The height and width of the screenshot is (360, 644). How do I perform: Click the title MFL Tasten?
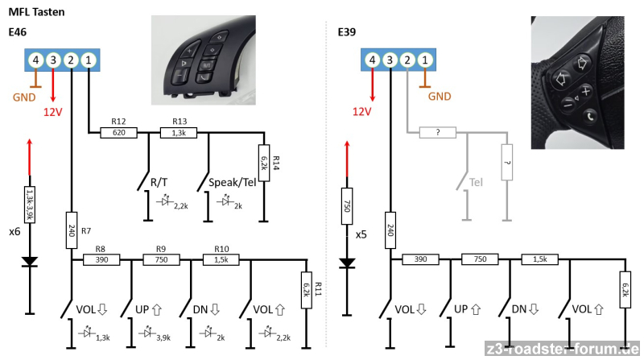click(x=36, y=12)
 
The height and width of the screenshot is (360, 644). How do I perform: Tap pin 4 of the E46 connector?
click(x=35, y=59)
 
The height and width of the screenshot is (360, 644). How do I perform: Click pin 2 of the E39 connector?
click(x=407, y=59)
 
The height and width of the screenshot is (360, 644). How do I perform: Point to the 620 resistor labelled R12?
click(x=119, y=133)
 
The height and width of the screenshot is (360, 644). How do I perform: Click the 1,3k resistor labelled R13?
click(x=179, y=133)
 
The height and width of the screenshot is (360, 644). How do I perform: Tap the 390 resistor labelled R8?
click(x=101, y=260)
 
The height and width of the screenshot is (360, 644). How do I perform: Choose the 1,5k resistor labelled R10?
click(x=221, y=260)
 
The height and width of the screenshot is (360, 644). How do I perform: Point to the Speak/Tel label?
click(x=232, y=183)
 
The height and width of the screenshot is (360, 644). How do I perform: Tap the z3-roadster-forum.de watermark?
click(x=567, y=349)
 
